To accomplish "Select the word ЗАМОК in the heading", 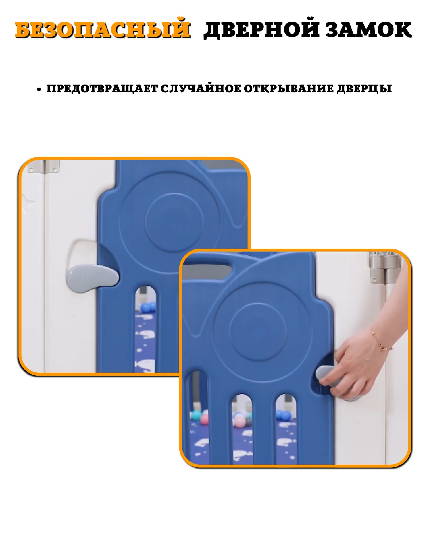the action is point(369,30).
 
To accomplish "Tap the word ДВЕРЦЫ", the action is point(364,89).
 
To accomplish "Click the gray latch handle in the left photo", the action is point(92,279).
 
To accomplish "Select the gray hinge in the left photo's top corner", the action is point(44,166).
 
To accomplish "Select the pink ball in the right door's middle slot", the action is point(240,422).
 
